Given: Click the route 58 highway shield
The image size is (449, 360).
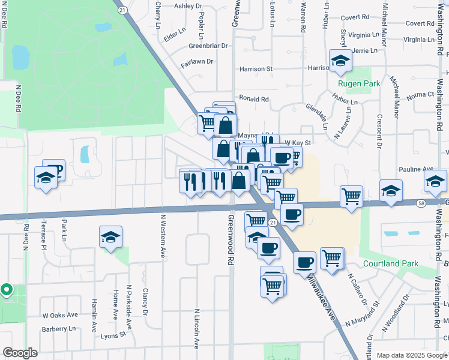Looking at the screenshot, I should (x=421, y=203).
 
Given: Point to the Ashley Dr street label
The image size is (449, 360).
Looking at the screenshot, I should (x=188, y=6).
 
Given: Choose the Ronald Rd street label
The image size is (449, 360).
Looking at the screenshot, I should (x=253, y=99).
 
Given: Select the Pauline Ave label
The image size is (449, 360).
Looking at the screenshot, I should (x=420, y=169).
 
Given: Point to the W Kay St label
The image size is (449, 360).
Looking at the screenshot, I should (x=297, y=143).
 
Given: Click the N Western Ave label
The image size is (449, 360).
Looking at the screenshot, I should (x=162, y=236).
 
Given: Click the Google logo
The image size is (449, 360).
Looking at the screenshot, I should (x=20, y=353).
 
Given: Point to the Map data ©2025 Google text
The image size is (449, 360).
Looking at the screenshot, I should (x=411, y=355).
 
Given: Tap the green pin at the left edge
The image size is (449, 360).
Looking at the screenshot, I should (x=7, y=290).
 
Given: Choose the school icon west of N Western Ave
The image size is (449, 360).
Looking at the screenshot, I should (x=111, y=237).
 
